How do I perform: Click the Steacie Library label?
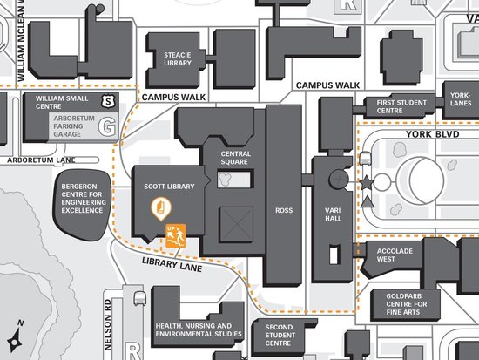pos(177,59)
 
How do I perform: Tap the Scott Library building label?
pos(169,187)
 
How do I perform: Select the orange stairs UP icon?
pos(176,235)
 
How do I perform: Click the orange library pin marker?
pos(161,209)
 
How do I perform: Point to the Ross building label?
pos(284,210)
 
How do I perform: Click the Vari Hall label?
pos(333,214)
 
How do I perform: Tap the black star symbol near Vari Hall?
pos(367,182)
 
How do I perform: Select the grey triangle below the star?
pos(367,202)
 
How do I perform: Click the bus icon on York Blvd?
pos(365,159)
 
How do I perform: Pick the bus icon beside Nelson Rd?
pos(139,298)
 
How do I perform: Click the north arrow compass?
pos(16,336)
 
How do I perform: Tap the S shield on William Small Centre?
pos(109,101)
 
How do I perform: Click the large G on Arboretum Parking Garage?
pos(107,126)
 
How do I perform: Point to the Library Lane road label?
pos(172,264)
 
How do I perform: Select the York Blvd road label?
pos(433,134)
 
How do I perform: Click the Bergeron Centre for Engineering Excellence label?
pos(84,199)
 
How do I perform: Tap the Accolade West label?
pos(395,255)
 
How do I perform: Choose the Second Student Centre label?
pos(280,336)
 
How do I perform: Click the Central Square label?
pos(235,158)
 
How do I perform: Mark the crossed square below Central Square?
pos(236,224)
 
